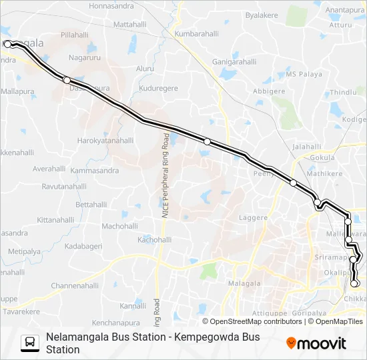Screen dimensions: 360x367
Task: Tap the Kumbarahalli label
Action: (x=196, y=33)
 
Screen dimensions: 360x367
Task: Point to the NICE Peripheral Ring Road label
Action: (x=165, y=177)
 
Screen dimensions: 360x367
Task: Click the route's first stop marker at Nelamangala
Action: (x=7, y=43)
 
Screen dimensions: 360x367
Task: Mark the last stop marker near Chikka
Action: (x=354, y=283)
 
